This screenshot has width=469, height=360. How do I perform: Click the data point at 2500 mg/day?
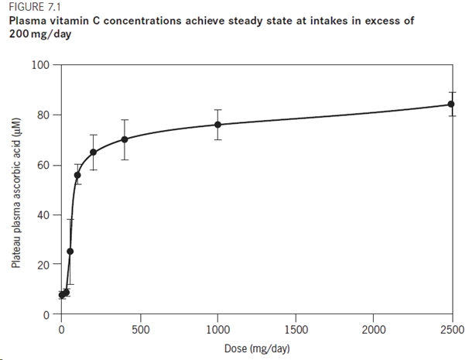(x=452, y=105)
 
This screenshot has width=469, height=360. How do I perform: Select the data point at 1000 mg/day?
(x=217, y=125)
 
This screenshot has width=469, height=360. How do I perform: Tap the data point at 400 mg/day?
(x=125, y=139)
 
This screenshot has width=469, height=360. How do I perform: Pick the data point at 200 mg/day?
(x=93, y=152)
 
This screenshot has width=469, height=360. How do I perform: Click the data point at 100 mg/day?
(x=77, y=175)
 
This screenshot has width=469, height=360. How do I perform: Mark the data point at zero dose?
(x=62, y=295)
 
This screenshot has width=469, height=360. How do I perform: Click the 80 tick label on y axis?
(x=44, y=115)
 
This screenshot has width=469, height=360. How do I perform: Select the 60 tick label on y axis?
(x=44, y=165)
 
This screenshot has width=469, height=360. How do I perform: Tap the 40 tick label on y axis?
(x=44, y=214)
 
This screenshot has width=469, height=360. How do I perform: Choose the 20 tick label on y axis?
(x=44, y=264)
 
